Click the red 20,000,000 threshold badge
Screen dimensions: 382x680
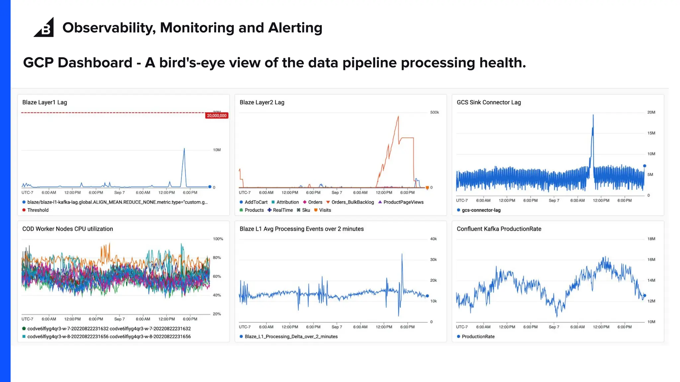point(216,116)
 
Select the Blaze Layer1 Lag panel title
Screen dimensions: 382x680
point(44,102)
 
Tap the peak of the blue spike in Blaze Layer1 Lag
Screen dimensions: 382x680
point(184,149)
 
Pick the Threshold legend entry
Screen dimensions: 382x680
point(38,210)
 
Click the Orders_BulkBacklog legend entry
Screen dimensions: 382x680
point(352,202)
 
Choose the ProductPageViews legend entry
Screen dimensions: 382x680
point(403,202)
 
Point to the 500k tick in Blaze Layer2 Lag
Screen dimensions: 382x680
point(434,112)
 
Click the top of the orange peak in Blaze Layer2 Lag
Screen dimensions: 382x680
point(398,116)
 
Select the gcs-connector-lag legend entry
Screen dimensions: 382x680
point(481,210)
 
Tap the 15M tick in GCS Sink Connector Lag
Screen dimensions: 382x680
point(651,133)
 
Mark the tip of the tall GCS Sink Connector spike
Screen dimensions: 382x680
point(593,115)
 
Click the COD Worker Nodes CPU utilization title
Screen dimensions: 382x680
point(67,229)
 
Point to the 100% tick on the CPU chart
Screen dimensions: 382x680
point(218,239)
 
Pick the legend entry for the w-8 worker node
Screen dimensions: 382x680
point(109,337)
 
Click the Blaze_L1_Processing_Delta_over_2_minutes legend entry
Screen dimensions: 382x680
point(291,337)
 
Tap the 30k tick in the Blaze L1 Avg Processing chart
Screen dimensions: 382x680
point(433,260)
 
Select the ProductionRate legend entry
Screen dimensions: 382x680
point(478,337)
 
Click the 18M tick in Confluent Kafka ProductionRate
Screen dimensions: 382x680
point(651,239)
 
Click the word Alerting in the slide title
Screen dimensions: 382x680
point(295,28)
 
